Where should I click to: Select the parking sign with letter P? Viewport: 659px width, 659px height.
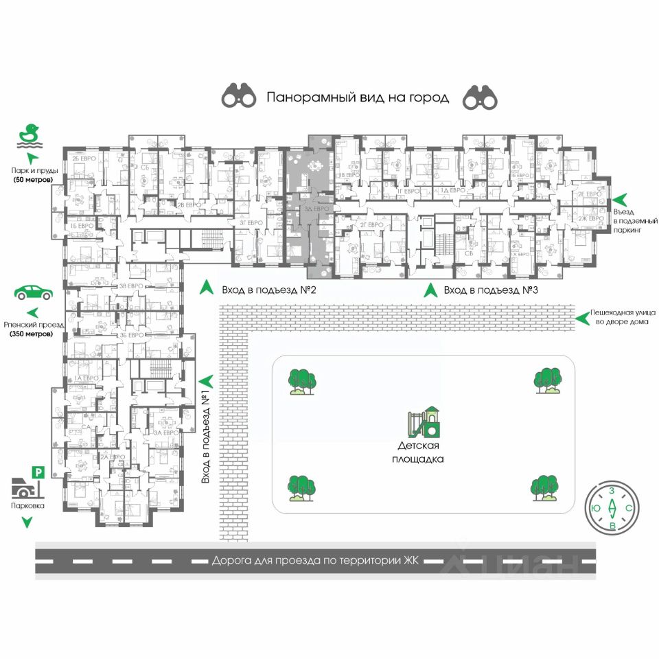tap(38, 472)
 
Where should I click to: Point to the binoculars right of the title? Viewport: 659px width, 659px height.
tap(478, 97)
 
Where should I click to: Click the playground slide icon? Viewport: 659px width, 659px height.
tap(424, 421)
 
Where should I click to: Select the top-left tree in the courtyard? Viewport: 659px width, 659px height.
tap(301, 381)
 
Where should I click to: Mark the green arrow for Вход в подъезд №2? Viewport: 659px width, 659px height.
tap(205, 289)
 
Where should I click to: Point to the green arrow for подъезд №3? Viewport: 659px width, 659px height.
tap(430, 290)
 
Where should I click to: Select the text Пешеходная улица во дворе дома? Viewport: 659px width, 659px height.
tap(621, 316)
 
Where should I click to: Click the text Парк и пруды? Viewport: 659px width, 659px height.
tap(34, 170)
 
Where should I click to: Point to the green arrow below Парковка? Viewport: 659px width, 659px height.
tap(27, 522)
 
